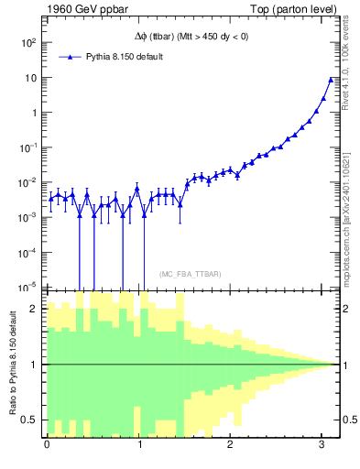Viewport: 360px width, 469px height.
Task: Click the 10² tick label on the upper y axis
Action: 30,43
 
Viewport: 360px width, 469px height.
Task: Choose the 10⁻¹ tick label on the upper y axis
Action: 30,147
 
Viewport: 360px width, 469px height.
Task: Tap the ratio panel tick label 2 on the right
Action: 345,309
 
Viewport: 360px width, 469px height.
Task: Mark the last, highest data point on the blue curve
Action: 331,80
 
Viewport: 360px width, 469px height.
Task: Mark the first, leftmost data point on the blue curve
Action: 51,198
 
